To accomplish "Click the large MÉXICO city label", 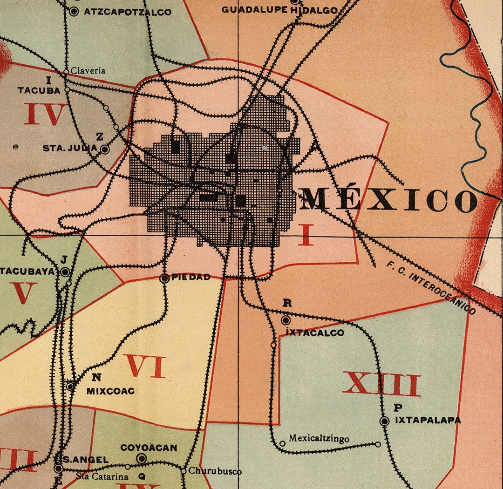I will click(x=389, y=200).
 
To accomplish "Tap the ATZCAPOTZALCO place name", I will click(x=127, y=12).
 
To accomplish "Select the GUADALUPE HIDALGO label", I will click(x=279, y=9).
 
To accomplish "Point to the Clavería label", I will click(x=88, y=71).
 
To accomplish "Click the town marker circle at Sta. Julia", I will click(x=105, y=149).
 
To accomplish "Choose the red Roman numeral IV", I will click(x=45, y=114).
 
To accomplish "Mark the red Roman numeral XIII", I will click(x=381, y=384).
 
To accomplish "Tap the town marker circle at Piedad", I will click(x=164, y=278).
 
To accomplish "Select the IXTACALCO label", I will click(x=315, y=333).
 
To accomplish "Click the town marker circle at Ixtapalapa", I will click(x=384, y=421).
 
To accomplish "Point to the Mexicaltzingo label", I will click(x=319, y=439).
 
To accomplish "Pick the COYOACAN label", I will click(x=149, y=448).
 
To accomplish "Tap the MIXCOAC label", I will click(x=110, y=391).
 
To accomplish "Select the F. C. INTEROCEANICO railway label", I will click(x=431, y=287).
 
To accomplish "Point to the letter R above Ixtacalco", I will click(x=287, y=303).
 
